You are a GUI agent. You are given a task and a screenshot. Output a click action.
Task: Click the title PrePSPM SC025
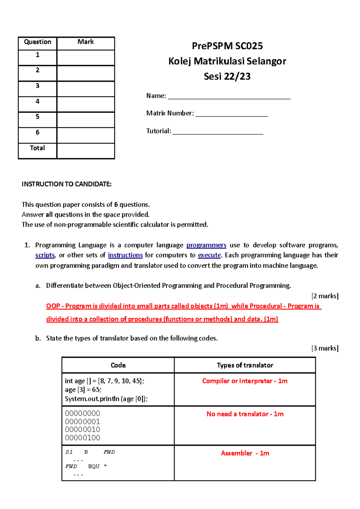(227, 46)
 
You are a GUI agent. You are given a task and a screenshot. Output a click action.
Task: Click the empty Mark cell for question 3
(86, 89)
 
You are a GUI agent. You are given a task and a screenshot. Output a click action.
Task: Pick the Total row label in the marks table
(37, 148)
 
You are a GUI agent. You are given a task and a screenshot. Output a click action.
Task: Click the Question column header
(37, 42)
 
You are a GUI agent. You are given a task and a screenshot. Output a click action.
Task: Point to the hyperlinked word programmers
(206, 245)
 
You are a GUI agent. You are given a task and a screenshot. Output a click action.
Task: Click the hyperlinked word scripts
(45, 255)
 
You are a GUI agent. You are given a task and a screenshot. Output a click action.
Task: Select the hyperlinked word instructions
(125, 255)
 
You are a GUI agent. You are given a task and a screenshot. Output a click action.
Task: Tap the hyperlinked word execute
(209, 255)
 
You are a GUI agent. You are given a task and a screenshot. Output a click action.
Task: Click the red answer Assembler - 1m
(245, 453)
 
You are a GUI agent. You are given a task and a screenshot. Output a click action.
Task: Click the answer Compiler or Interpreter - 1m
(245, 381)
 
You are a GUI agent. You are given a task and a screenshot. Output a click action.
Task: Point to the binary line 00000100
(82, 438)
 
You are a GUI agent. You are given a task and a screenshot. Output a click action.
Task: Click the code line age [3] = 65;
(83, 390)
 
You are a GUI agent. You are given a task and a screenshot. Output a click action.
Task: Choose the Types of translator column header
(245, 365)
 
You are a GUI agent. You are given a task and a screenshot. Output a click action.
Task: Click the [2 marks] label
(325, 296)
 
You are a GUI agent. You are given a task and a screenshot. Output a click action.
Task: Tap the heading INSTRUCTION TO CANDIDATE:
(66, 184)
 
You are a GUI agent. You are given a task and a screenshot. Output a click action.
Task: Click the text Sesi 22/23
(227, 76)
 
